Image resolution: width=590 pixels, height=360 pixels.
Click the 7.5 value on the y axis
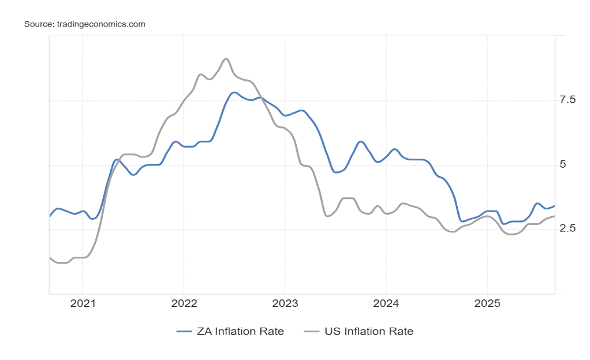coord(568,100)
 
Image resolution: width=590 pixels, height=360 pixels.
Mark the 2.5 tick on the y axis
coord(568,229)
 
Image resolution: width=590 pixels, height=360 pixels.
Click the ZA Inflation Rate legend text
coord(240,331)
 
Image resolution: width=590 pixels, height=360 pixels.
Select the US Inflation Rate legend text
coord(369,331)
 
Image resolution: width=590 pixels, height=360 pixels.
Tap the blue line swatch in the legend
coord(184,331)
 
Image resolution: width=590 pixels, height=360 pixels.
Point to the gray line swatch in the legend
coord(312,331)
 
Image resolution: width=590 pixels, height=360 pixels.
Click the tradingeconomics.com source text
coord(100,24)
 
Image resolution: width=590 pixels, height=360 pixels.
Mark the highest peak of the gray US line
coord(226,59)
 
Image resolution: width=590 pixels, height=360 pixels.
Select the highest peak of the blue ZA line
coord(234,92)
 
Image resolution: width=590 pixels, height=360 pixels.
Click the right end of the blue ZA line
coord(554,206)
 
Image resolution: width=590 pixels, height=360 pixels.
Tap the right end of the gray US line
coord(554,216)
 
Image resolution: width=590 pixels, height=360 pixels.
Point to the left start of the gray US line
coord(50,257)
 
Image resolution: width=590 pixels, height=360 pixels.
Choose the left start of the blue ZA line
coord(50,216)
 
